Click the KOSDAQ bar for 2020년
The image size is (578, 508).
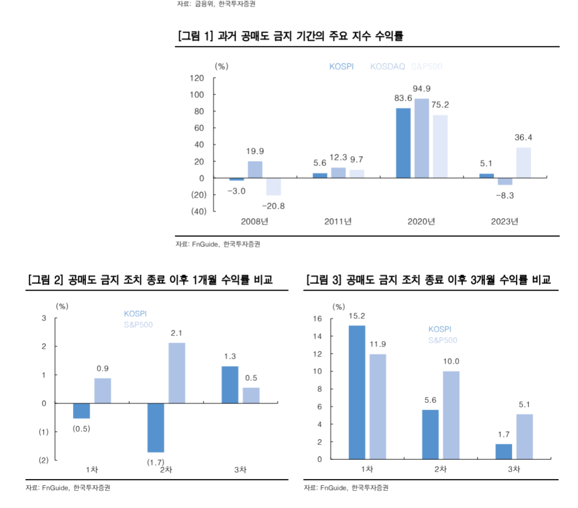click(421, 138)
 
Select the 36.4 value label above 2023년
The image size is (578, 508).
click(523, 137)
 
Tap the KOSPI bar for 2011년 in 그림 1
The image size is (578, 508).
click(320, 175)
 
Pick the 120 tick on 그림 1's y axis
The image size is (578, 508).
click(197, 78)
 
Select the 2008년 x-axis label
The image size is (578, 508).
click(254, 222)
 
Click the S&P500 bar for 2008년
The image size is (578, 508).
click(273, 186)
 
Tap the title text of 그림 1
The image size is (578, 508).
click(291, 37)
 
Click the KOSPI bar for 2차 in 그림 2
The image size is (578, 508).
click(155, 428)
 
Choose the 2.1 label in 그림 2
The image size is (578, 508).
click(177, 333)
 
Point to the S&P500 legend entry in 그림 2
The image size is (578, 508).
click(138, 325)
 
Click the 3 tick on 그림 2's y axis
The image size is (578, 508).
click(44, 318)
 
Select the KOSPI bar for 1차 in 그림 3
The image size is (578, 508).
click(357, 392)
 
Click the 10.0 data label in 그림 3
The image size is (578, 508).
click(451, 361)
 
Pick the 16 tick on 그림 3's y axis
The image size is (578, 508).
click(317, 319)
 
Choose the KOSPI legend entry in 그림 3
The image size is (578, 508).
click(440, 329)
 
